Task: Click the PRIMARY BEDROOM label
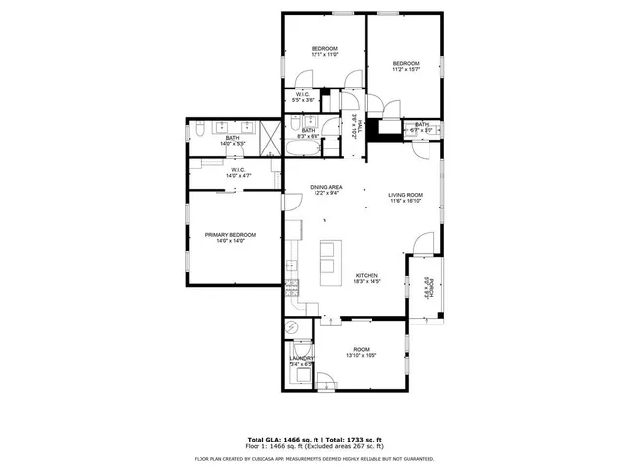(x=230, y=234)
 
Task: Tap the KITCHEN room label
(x=367, y=275)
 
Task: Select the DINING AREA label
(x=326, y=187)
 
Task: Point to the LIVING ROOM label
(x=404, y=195)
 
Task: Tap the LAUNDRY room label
(x=301, y=358)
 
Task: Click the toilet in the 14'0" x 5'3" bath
(x=200, y=128)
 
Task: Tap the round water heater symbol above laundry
(x=291, y=328)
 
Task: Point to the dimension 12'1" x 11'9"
(x=324, y=55)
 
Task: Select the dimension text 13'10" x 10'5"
(x=363, y=355)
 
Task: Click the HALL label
(x=360, y=125)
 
